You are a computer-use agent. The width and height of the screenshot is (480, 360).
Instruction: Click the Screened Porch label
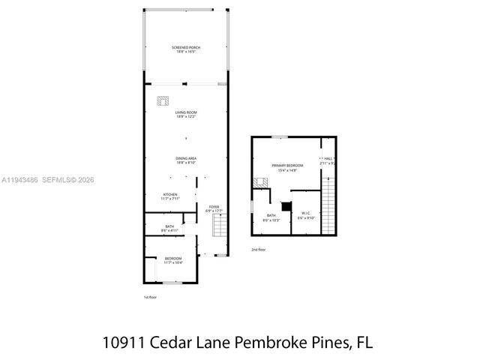tap(185, 48)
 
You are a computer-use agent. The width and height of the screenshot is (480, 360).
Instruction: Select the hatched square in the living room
tap(163, 100)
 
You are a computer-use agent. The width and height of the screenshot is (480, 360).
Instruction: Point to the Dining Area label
tap(185, 159)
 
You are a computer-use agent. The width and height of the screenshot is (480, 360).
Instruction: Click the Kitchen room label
tap(170, 196)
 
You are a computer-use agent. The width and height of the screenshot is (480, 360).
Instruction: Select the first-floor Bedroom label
tap(173, 260)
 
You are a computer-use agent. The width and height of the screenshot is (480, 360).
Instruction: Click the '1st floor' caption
tap(150, 297)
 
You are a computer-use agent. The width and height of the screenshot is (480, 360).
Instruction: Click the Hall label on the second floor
tap(327, 160)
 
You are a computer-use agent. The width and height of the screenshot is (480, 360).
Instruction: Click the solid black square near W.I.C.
tap(285, 206)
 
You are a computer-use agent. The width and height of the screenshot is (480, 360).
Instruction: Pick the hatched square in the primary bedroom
tap(261, 181)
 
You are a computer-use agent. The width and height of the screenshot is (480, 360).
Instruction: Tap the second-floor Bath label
tap(270, 217)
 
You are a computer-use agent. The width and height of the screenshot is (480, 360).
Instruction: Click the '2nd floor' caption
tap(258, 250)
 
